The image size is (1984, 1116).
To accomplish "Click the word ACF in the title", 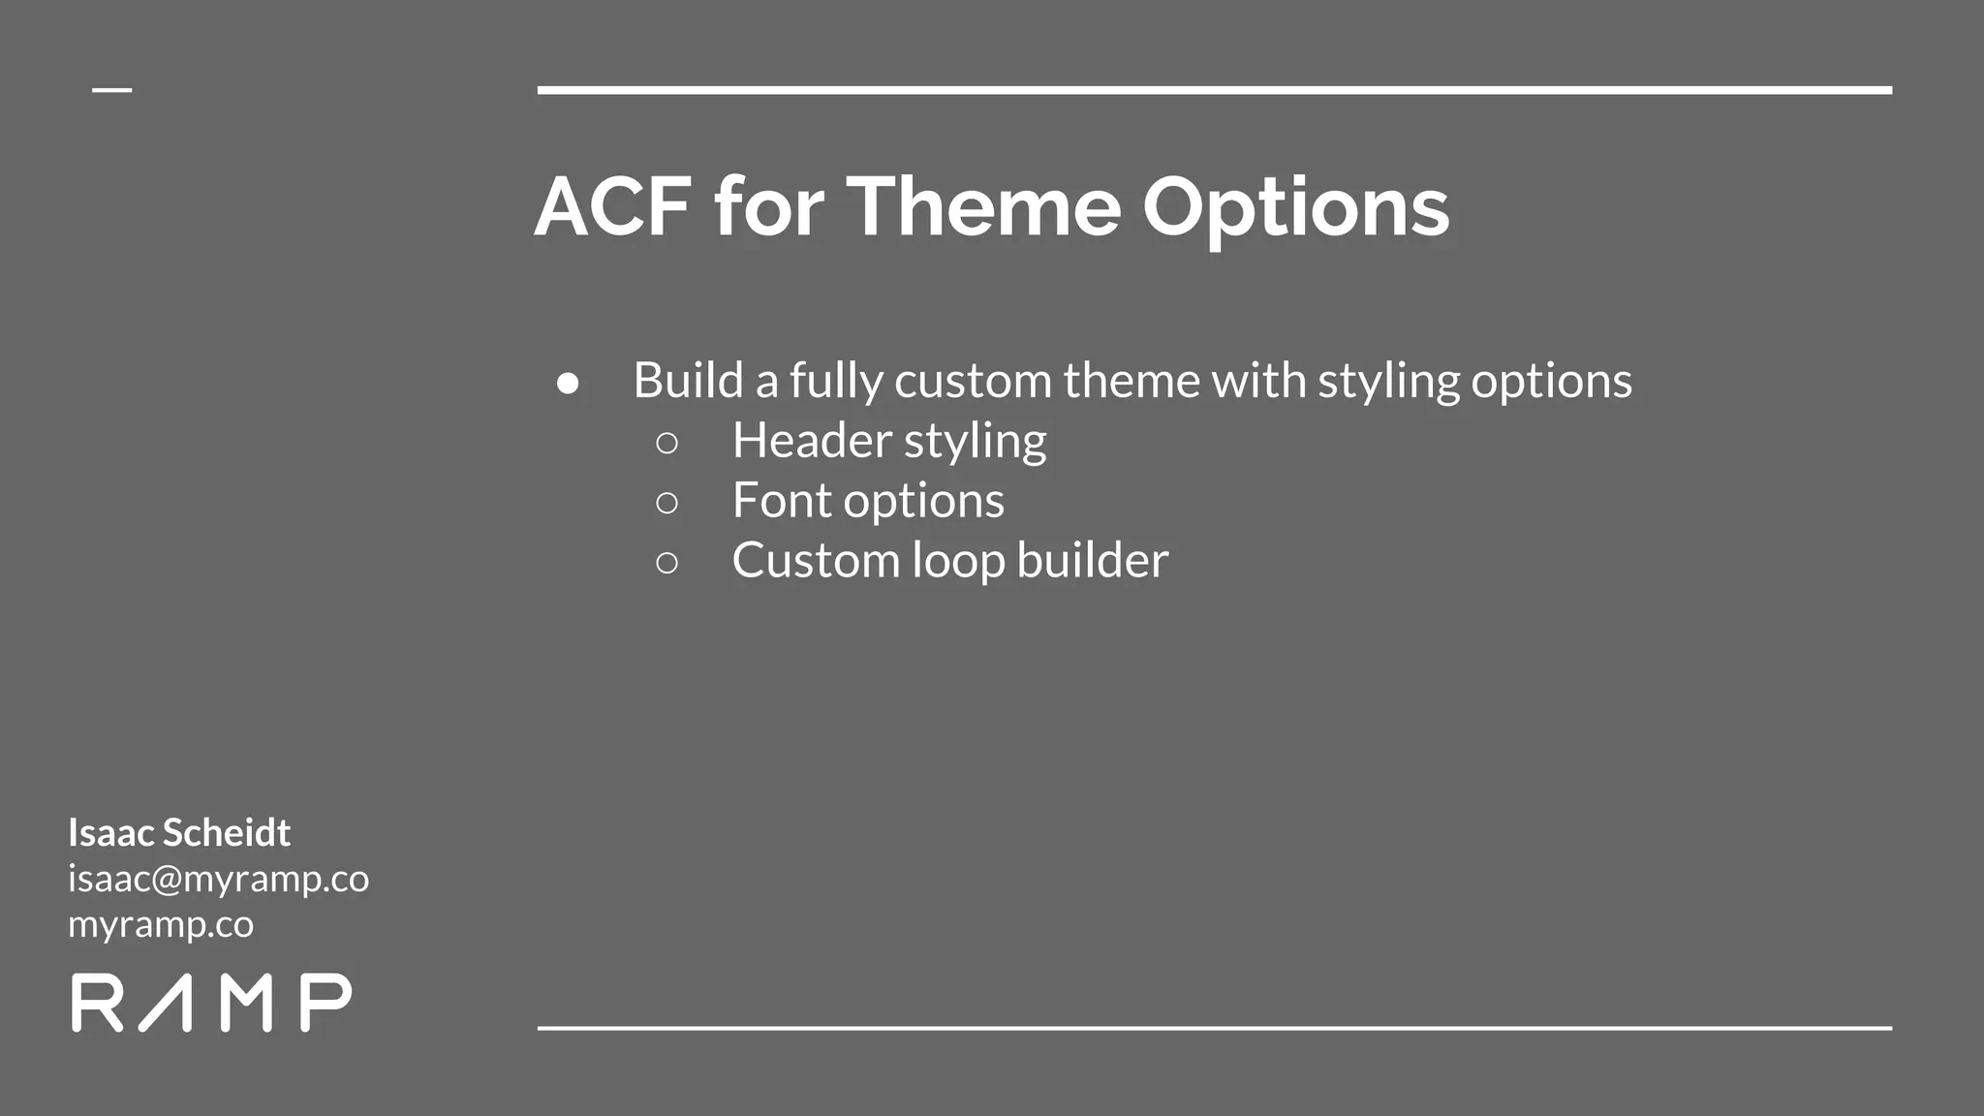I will point(613,206).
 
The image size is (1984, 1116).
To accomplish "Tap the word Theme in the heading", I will point(983,206).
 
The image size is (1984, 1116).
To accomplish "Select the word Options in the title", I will point(1295,208).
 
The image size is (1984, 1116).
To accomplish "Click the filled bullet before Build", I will point(568,384).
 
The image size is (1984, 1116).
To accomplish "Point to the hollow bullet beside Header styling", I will point(666,444).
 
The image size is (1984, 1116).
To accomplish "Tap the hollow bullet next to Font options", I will point(666,503).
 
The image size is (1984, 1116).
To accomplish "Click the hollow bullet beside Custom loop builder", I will point(666,563).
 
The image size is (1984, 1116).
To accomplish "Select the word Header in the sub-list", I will point(812,441).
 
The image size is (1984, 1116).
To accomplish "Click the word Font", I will point(782,501).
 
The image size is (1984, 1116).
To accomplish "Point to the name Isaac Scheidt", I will point(179,832).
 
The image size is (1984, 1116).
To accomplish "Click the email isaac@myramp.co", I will point(218,879).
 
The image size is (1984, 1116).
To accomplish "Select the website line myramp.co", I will point(161,924).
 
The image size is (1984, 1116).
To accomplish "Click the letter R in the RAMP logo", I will point(97,1003).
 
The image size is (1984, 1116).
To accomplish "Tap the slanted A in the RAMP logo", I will point(165,1003).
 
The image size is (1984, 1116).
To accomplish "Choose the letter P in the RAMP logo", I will point(325,1003).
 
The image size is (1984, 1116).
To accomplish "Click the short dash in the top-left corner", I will point(112,90).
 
